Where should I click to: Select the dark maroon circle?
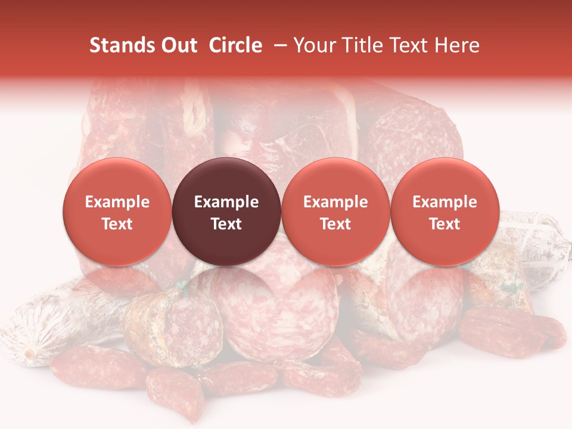pos(226,212)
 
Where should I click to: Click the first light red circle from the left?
pos(117,212)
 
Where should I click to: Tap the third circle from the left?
pos(335,212)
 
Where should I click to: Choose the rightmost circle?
pos(444,212)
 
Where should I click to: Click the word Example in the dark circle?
pos(226,202)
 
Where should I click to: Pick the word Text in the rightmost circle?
pos(444,224)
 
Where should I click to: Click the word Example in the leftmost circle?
pos(117,202)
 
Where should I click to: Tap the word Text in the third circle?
pos(335,224)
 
